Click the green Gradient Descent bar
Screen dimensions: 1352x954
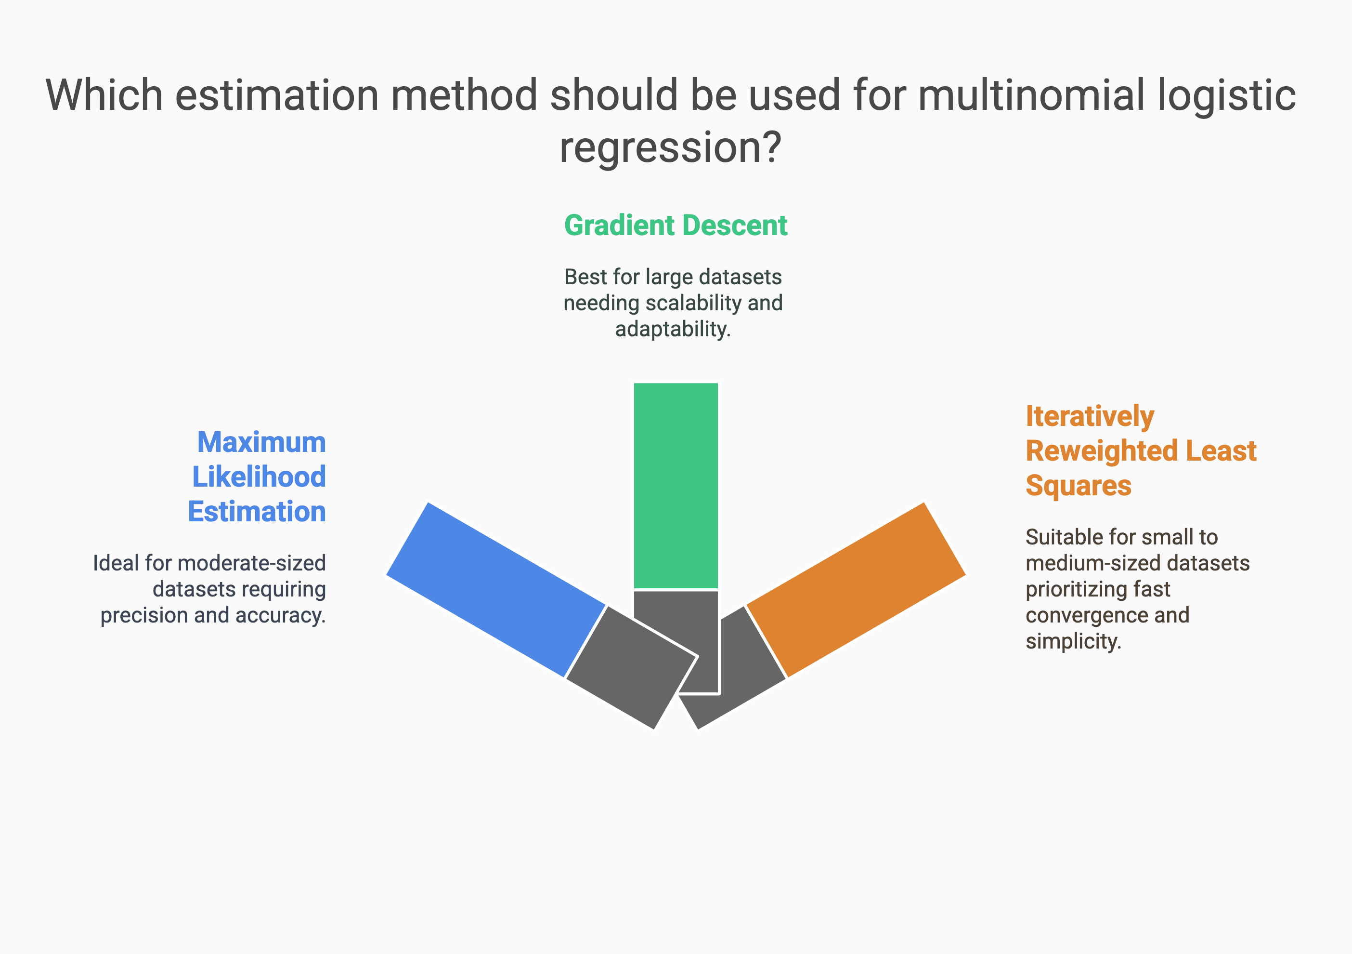(x=676, y=486)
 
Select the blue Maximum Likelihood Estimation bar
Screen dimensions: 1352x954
(x=496, y=590)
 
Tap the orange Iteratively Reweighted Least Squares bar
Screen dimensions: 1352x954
(x=856, y=590)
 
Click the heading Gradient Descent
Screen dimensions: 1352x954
(x=676, y=225)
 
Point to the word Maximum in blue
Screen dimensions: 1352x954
(x=261, y=442)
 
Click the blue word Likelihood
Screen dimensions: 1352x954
(x=259, y=477)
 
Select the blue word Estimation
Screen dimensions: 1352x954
(x=257, y=512)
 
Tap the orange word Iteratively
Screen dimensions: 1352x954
(x=1090, y=417)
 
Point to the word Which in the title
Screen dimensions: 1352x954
(x=104, y=95)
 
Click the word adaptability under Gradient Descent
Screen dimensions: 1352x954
(x=673, y=329)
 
